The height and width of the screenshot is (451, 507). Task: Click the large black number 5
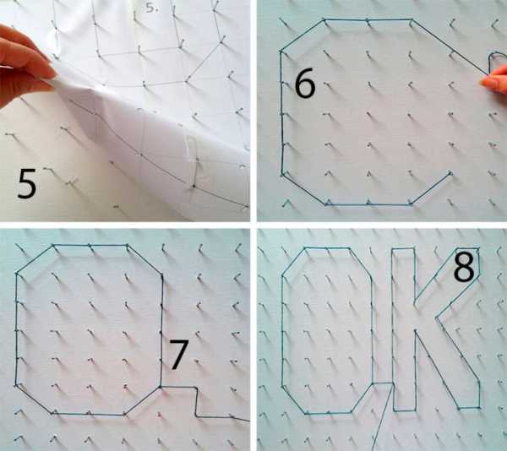pos(27,183)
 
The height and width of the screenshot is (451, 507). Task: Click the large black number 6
pos(304,83)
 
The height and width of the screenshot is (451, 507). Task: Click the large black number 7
pos(179,355)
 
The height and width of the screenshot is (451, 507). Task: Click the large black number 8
pos(464,267)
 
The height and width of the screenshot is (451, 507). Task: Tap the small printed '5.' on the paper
pos(151,8)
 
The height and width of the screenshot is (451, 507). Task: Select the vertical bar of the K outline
pos(404,329)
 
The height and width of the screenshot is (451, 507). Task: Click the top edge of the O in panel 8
pos(327,248)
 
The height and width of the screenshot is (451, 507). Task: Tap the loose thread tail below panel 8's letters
pos(384,420)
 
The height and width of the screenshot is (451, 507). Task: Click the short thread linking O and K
pos(383,383)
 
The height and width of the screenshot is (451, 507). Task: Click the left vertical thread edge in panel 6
pos(282,113)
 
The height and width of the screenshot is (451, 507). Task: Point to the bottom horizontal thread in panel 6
pos(368,204)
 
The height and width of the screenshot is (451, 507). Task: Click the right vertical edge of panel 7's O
pos(161,330)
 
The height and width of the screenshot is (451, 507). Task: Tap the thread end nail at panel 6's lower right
pos(450,173)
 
